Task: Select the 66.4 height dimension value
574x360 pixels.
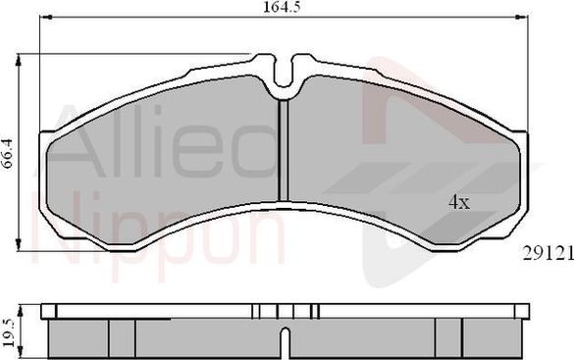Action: (x=9, y=154)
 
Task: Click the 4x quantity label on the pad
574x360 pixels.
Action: (x=459, y=202)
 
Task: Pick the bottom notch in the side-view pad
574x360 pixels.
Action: (x=284, y=343)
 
